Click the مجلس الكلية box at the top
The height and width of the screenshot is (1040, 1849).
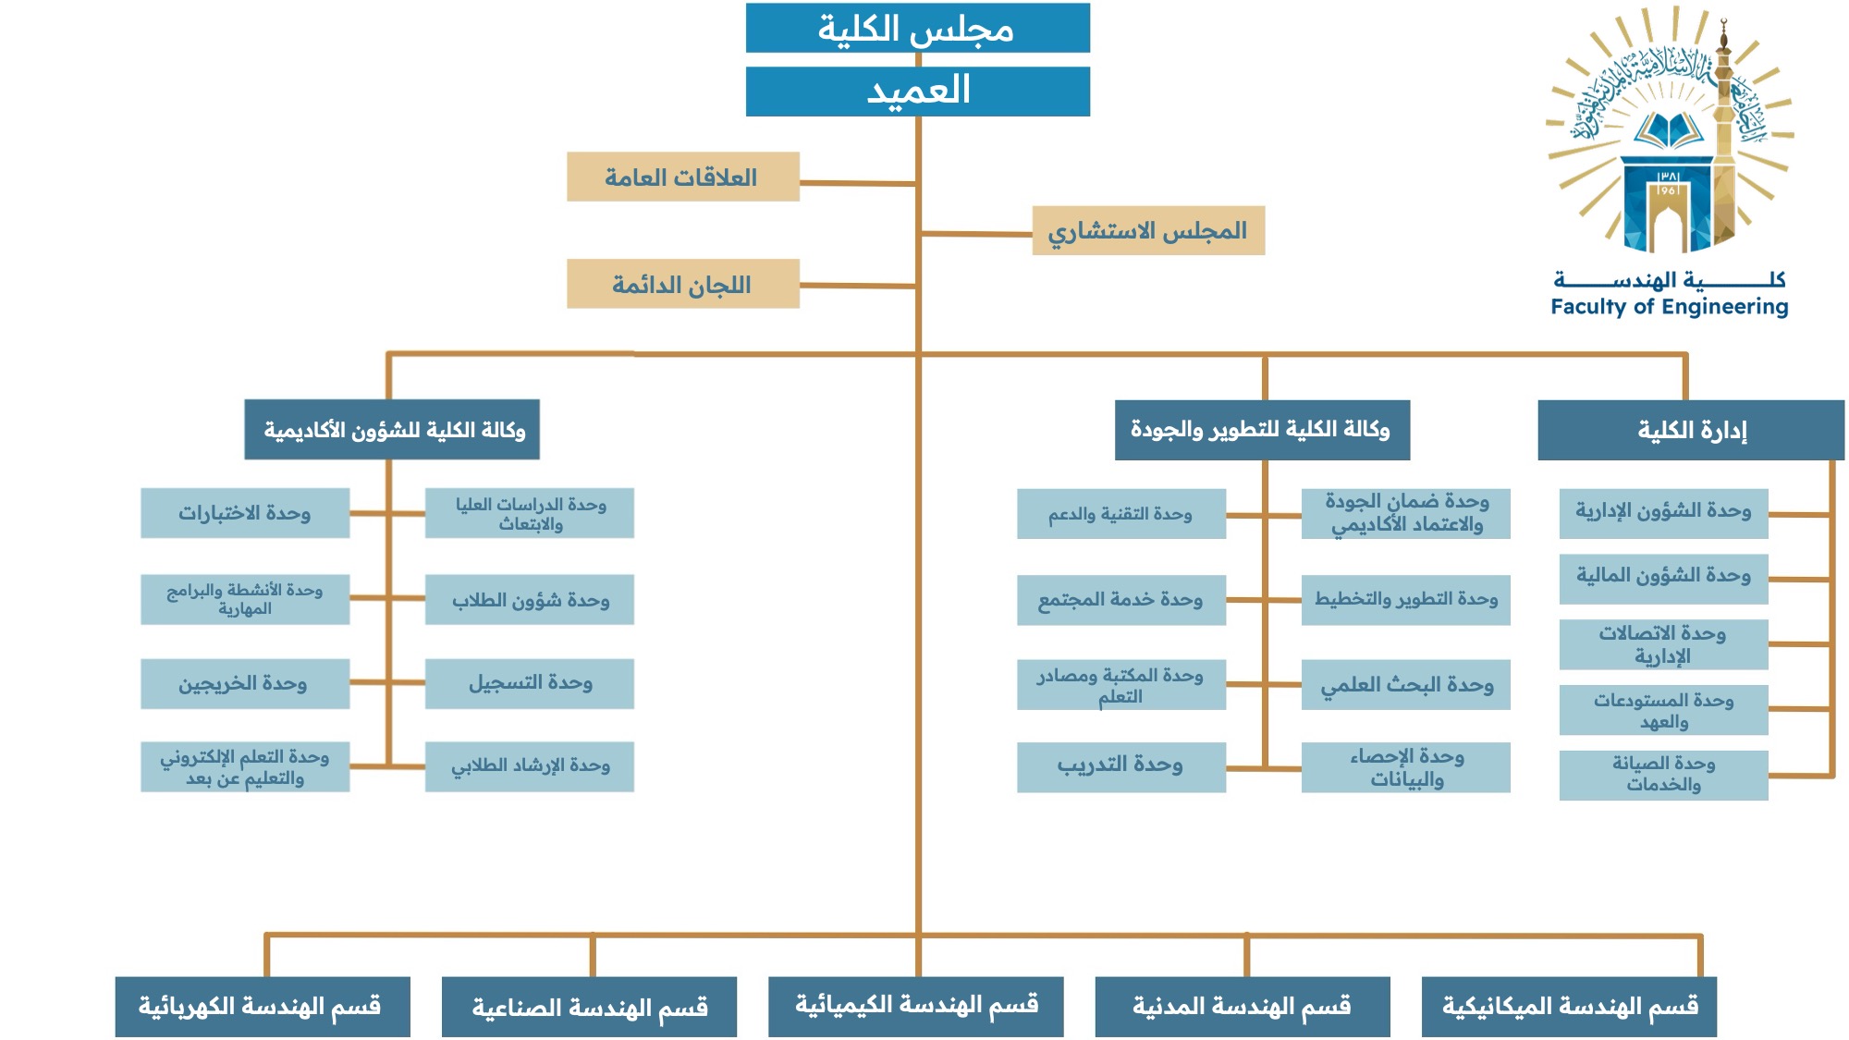917,28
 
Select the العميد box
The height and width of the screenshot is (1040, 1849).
917,91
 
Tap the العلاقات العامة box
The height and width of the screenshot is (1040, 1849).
682,177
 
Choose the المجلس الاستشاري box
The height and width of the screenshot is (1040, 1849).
1147,230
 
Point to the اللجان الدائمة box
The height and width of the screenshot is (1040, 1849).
682,284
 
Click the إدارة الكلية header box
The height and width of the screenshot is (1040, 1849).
1690,430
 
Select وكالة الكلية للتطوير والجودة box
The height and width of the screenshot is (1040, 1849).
1262,430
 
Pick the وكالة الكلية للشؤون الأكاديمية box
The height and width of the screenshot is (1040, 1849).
392,430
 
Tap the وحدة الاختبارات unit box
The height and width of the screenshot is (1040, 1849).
245,513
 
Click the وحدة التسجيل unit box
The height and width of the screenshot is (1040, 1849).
530,683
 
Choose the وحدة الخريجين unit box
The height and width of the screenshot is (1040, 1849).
245,683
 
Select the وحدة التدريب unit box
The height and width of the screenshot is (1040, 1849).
1120,766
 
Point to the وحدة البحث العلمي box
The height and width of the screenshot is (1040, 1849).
1405,684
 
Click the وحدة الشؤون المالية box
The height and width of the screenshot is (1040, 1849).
1663,578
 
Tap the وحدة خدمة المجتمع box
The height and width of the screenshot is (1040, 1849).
1120,600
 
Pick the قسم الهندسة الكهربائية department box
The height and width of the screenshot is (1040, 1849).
263,1006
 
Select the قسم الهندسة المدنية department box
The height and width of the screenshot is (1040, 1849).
1242,1006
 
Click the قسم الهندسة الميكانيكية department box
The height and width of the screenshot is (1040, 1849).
1569,1006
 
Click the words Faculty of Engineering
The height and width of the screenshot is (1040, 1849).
1669,307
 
